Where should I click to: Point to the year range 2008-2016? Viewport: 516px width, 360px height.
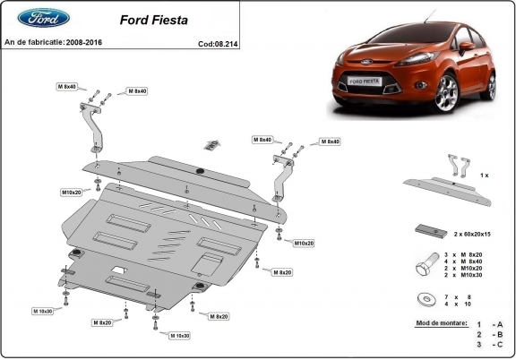(89, 42)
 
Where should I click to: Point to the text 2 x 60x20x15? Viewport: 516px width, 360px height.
(472, 234)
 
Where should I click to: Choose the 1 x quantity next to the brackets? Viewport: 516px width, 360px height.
(483, 176)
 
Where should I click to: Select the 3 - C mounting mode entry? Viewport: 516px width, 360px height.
(489, 344)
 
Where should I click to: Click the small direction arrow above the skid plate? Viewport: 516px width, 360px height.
(211, 144)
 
